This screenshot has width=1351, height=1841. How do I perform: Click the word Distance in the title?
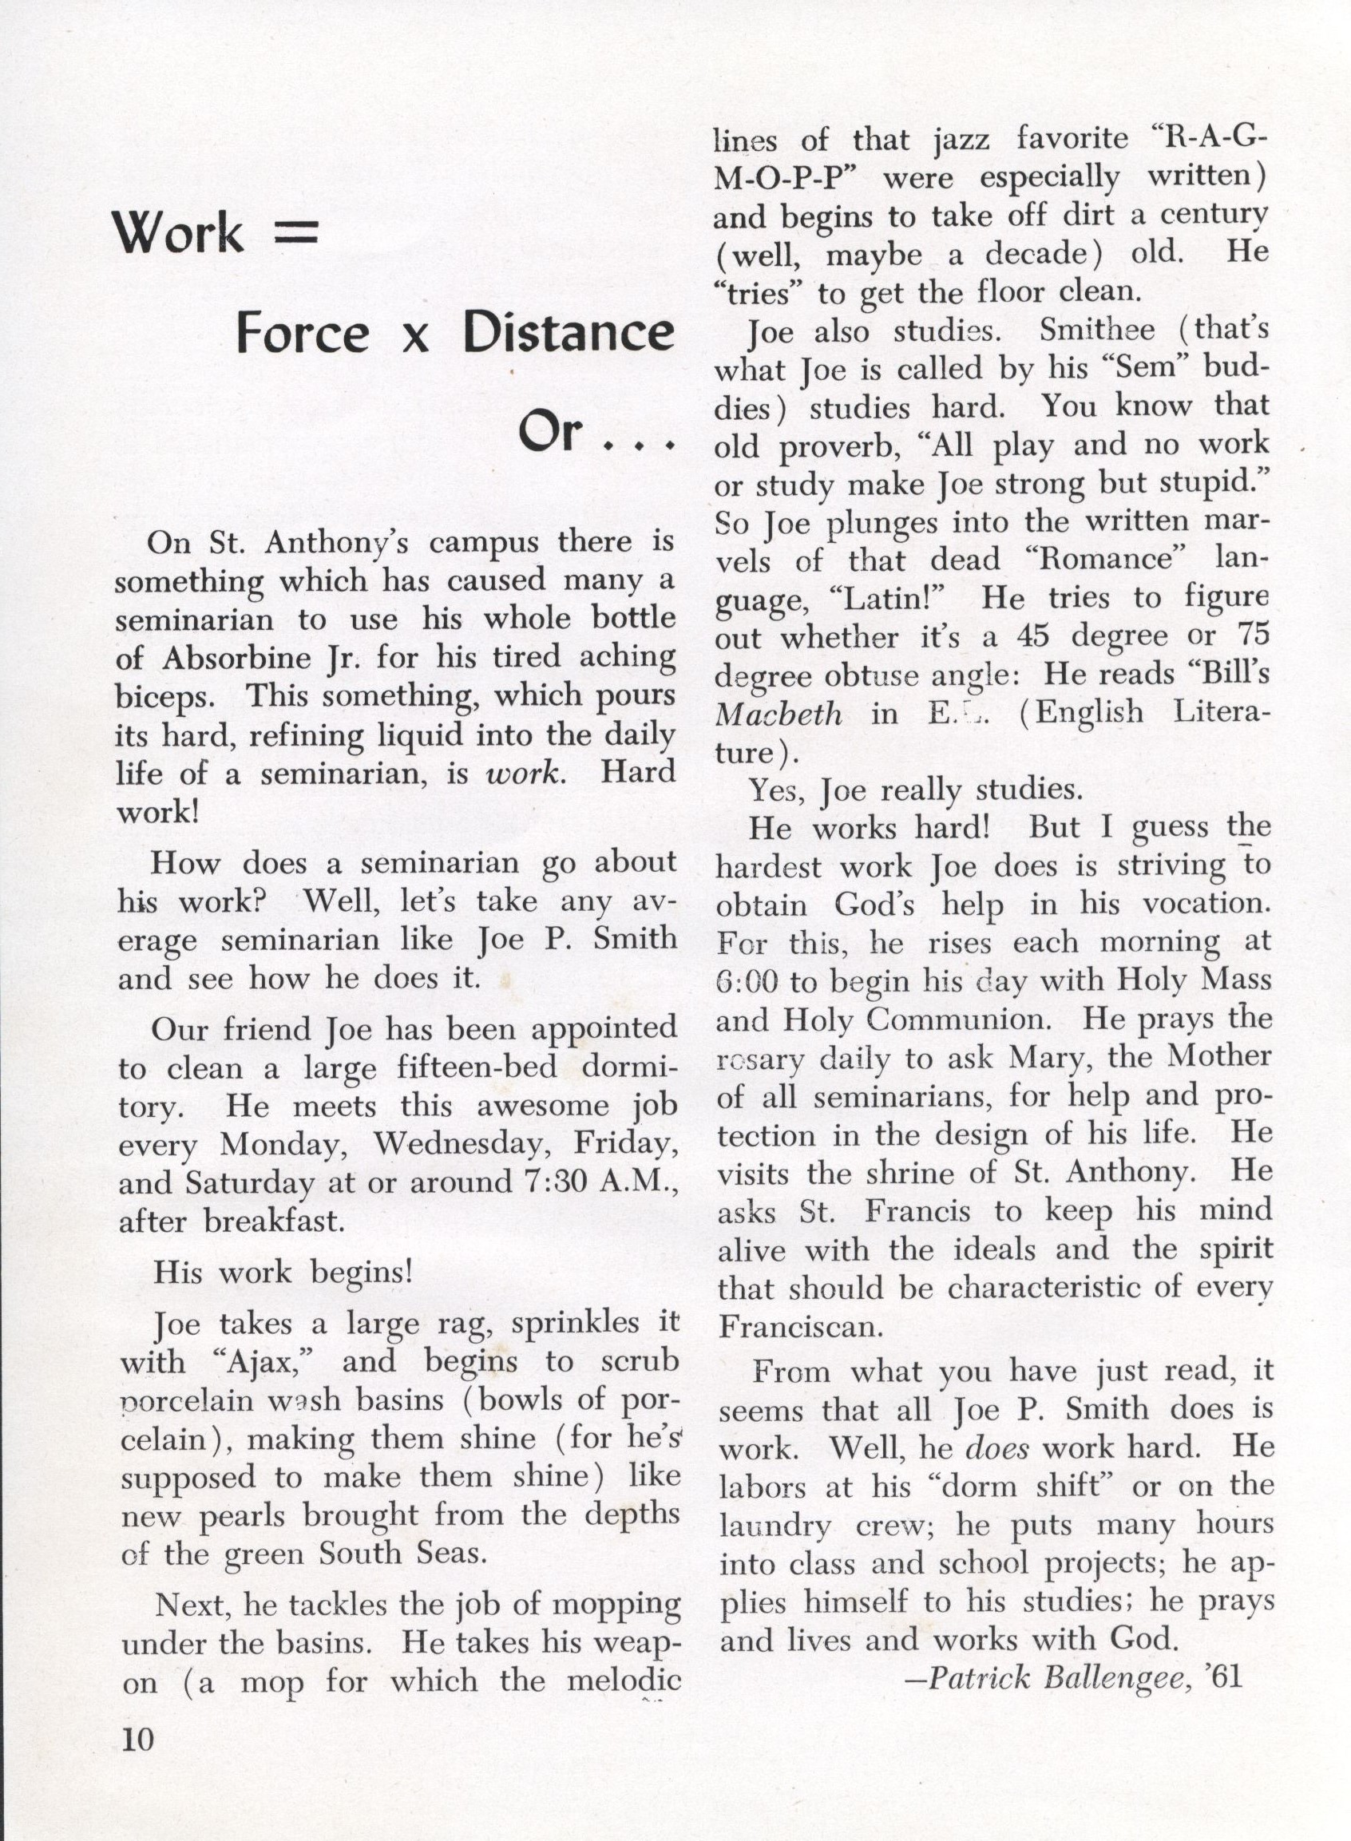tap(568, 333)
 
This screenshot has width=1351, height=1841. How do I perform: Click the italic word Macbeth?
tap(778, 715)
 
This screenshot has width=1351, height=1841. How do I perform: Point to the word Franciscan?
tap(798, 1326)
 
